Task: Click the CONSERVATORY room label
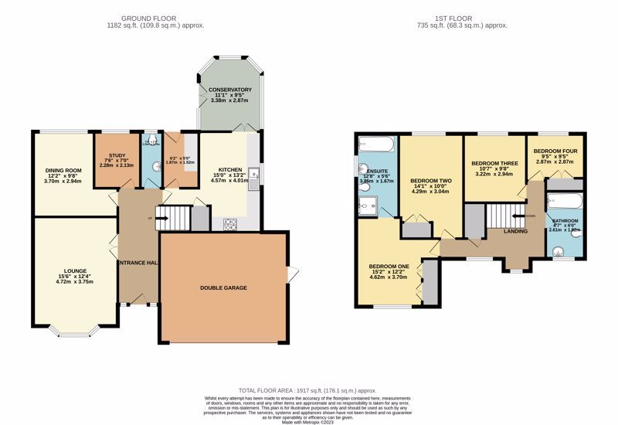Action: (x=230, y=90)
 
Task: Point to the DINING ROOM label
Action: (x=63, y=161)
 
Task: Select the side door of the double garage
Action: (x=290, y=274)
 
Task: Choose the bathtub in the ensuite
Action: (x=378, y=144)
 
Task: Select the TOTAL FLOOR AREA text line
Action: (x=307, y=389)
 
